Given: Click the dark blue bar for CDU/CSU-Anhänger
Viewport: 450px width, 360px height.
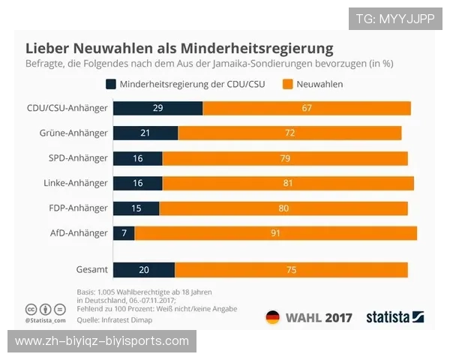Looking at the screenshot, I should (157, 108).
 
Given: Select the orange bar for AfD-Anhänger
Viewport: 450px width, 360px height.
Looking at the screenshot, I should (275, 233).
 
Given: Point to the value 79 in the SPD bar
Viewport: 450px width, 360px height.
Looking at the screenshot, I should (284, 158).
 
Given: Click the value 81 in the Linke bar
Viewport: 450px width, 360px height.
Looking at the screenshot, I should (287, 183).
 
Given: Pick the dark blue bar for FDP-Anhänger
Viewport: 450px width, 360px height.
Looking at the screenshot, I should (136, 208).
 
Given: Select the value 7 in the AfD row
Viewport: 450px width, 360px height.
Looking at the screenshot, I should (124, 233).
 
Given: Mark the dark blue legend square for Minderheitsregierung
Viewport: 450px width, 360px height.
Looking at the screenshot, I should (111, 84).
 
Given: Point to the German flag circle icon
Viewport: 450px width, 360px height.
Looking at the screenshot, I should (272, 317).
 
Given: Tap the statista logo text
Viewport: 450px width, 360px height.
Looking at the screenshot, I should (387, 317).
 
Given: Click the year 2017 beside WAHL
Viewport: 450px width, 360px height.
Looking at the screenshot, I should (337, 317).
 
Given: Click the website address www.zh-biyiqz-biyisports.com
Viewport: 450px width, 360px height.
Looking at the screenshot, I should (102, 341).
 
